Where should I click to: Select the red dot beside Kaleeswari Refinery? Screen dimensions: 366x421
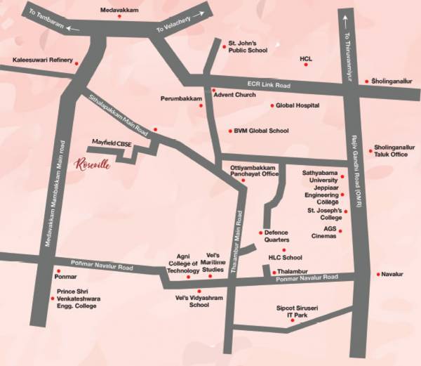tap(77, 64)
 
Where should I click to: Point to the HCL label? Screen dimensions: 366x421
tap(305, 59)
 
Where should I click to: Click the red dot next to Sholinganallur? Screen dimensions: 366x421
tap(366, 81)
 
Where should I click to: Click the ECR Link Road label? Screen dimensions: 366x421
tap(274, 84)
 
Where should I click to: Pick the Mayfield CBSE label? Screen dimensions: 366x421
tap(112, 142)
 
